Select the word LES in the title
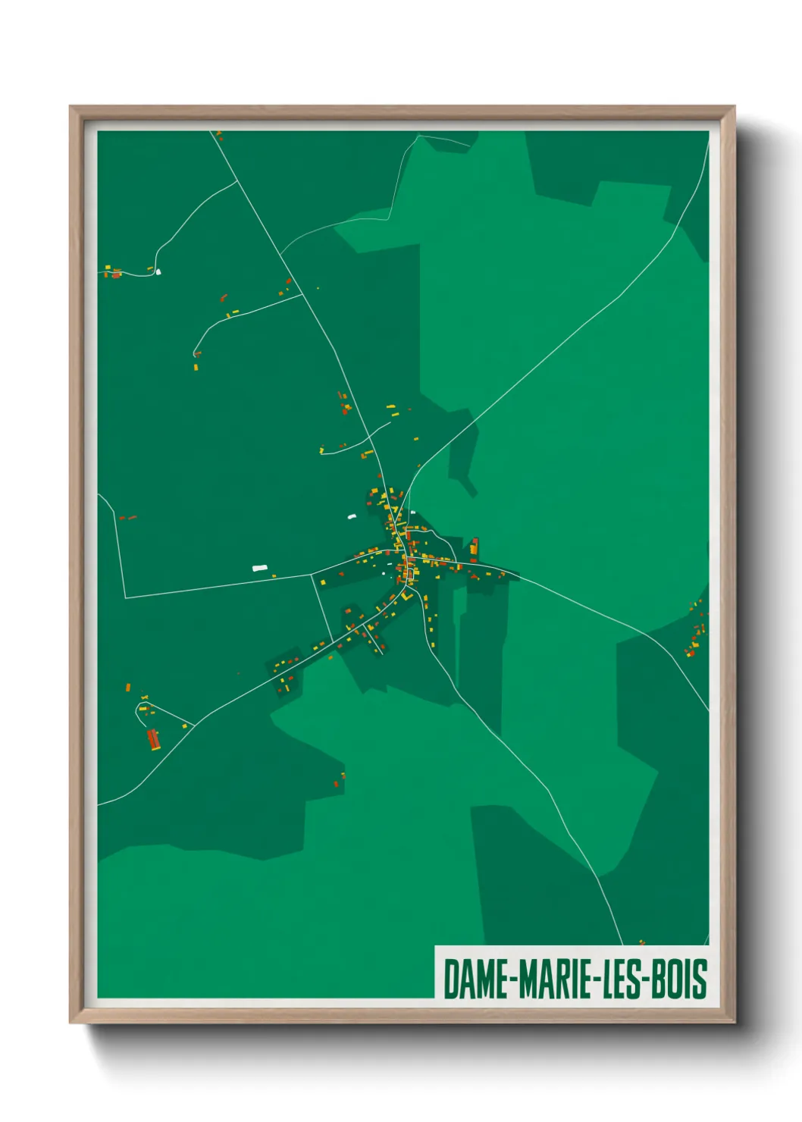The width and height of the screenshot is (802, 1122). pos(622,979)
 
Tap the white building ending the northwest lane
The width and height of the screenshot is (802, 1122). pos(158,271)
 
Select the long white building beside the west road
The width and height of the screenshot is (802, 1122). pos(260,567)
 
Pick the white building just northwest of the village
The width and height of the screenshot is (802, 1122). pos(352,517)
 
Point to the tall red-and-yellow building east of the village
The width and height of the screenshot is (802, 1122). pos(475,546)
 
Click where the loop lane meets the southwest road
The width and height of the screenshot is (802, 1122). pos(194,726)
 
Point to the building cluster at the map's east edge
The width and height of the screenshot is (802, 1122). pos(695,629)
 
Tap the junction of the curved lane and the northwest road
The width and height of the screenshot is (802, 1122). pos(303,295)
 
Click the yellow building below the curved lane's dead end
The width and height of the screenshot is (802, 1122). pos(196,367)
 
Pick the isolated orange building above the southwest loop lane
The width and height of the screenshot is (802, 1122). pos(128,688)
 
